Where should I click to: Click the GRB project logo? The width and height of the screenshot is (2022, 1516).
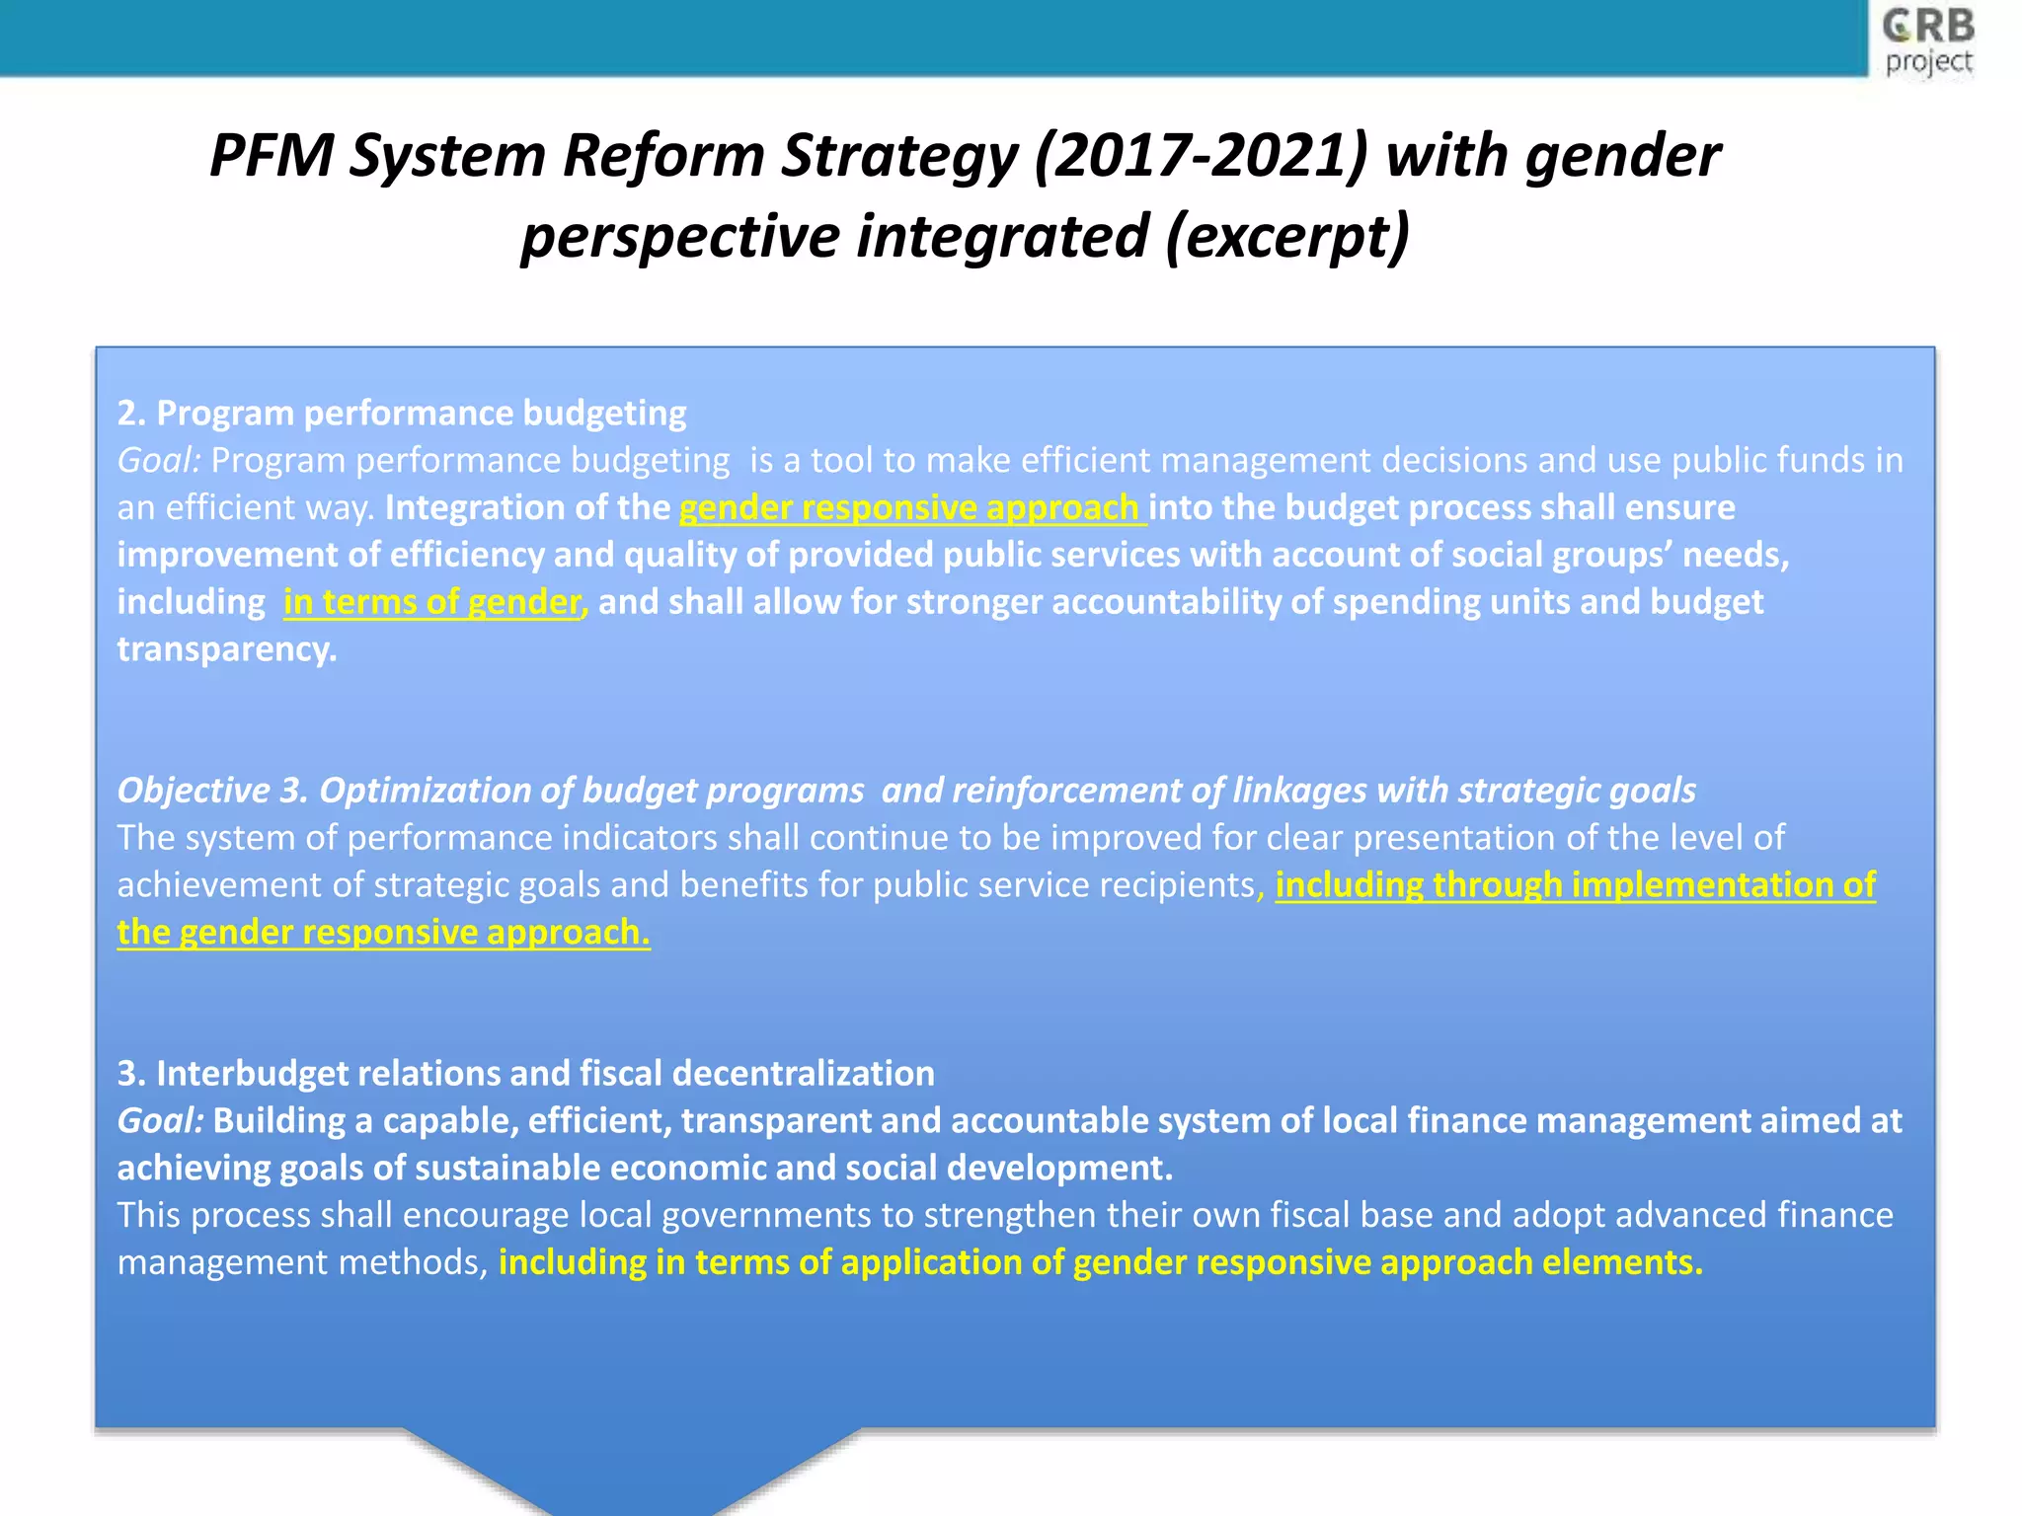tap(1927, 41)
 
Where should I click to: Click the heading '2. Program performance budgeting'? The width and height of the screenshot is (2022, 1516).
tap(402, 413)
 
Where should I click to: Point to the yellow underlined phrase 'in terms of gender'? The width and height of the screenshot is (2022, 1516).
tap(432, 602)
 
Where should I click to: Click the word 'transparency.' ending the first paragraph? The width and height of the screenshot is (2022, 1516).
tap(227, 649)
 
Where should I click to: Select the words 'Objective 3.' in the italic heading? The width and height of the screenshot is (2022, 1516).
tap(213, 791)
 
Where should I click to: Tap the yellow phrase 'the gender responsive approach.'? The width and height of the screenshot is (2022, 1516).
tap(383, 933)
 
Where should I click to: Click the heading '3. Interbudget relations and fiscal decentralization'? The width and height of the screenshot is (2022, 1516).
tap(525, 1073)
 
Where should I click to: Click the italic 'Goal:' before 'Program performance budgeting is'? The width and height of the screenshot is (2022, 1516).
tap(159, 460)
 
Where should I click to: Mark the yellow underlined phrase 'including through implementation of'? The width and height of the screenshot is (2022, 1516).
tap(1575, 885)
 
